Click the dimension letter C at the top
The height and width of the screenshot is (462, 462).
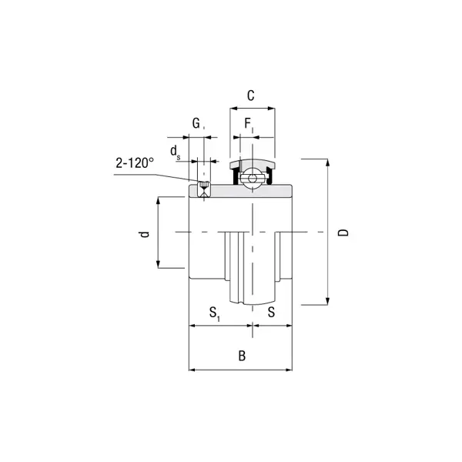252,95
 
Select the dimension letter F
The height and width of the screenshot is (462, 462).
248,123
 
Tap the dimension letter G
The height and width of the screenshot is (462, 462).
196,123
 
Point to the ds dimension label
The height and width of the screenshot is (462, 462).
176,150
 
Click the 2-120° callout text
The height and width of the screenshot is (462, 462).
135,163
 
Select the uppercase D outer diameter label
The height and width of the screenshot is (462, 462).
344,232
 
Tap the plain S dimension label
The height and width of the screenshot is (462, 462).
271,312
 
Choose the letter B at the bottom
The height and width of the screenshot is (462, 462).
242,356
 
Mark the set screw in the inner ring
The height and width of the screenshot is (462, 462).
203,186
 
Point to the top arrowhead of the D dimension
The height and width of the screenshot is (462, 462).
329,163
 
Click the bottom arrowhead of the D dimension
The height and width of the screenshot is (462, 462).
329,300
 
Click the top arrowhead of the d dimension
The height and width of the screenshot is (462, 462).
158,201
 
